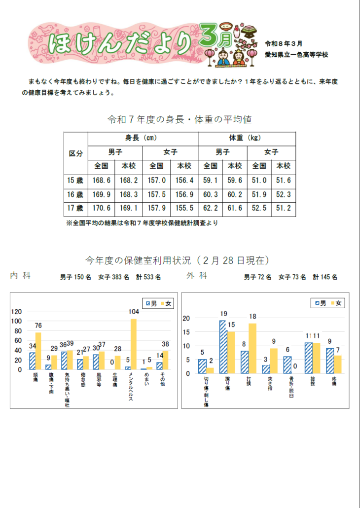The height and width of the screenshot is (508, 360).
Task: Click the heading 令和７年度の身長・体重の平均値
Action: click(180, 119)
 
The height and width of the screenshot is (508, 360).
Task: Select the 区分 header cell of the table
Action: click(75, 153)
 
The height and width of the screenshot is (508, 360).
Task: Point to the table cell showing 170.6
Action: click(102, 208)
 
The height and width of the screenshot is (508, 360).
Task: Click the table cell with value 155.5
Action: click(184, 208)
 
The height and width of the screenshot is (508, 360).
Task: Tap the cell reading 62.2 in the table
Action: click(211, 208)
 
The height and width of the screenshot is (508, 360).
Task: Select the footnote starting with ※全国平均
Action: click(142, 223)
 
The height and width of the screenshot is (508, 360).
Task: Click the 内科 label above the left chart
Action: click(20, 276)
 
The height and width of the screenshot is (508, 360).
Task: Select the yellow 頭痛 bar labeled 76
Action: click(38, 351)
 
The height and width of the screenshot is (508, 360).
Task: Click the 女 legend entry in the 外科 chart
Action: click(336, 303)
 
